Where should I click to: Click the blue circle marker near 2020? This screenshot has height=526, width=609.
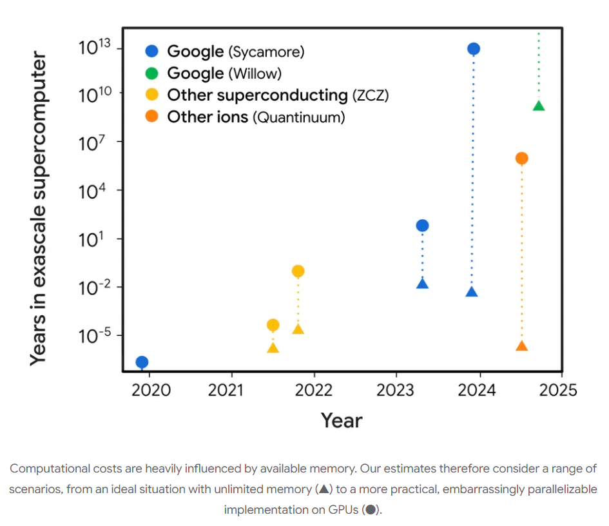click(142, 362)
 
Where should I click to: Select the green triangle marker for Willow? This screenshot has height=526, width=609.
click(539, 106)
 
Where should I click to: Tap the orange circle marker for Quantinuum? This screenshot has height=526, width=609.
click(522, 159)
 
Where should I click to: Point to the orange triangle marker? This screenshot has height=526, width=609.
click(522, 346)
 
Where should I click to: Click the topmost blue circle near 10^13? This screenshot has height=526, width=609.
click(474, 49)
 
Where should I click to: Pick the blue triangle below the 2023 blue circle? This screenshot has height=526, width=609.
click(422, 284)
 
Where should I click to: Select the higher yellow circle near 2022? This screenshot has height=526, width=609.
click(298, 271)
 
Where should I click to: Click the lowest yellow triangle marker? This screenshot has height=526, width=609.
click(273, 348)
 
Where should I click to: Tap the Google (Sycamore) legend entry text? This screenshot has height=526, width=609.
click(235, 52)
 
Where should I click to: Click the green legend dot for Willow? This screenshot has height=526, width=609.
click(152, 73)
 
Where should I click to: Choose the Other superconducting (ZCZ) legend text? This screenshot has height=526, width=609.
click(278, 95)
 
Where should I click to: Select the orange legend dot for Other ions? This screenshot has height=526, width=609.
click(152, 117)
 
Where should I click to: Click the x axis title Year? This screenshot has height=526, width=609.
click(342, 420)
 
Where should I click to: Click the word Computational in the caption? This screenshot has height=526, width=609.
click(51, 469)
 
